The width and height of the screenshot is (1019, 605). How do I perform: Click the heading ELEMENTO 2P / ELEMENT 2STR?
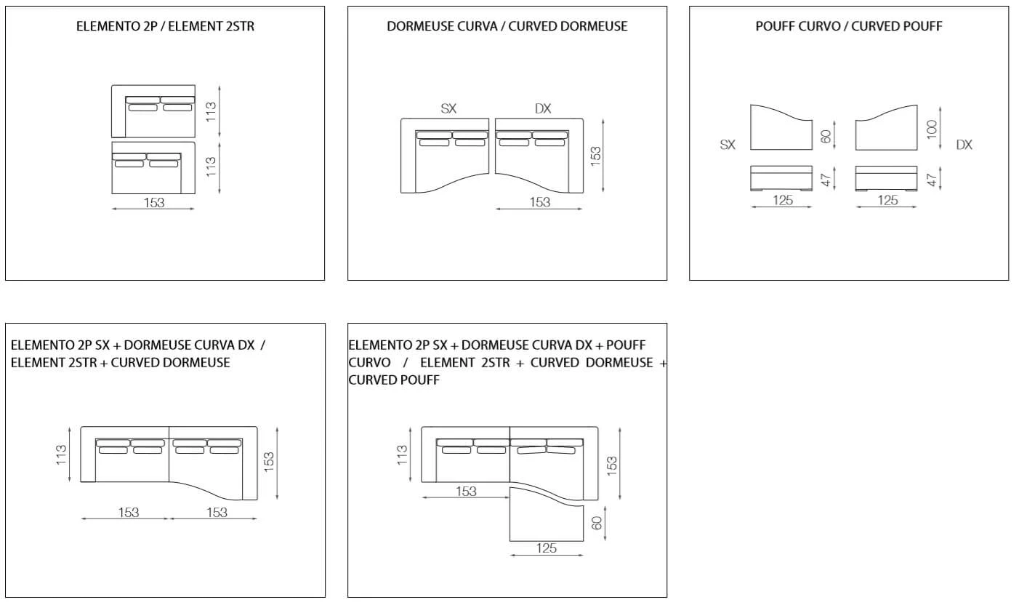tap(165, 26)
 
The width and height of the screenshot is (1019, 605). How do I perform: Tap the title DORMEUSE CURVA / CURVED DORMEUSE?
tap(507, 26)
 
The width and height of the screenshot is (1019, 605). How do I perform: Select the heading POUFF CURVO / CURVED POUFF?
tap(849, 26)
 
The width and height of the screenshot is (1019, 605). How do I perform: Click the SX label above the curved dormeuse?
tap(448, 109)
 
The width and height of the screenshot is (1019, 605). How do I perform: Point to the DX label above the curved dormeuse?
tap(543, 109)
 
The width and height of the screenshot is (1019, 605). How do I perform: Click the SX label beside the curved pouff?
tap(728, 145)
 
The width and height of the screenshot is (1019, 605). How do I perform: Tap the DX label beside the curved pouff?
tap(964, 145)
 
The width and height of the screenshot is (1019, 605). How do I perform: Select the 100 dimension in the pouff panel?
tap(932, 129)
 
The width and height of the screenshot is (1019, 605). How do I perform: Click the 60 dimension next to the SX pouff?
tap(826, 136)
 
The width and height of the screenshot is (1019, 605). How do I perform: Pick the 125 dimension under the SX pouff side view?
tap(783, 200)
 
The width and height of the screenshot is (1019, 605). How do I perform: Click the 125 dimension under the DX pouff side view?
tap(887, 200)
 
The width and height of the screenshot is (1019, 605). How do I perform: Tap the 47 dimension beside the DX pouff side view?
tap(932, 180)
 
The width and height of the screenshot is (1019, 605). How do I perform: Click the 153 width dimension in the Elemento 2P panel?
tap(154, 203)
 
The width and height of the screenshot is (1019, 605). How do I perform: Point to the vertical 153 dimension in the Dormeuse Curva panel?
tap(595, 156)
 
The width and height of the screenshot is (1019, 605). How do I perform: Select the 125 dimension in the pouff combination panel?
tap(547, 548)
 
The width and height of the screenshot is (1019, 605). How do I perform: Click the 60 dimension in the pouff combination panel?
tap(597, 524)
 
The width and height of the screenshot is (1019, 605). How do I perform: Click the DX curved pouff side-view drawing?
tap(886, 178)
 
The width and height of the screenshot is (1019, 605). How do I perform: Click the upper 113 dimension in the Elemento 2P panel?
tap(211, 111)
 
